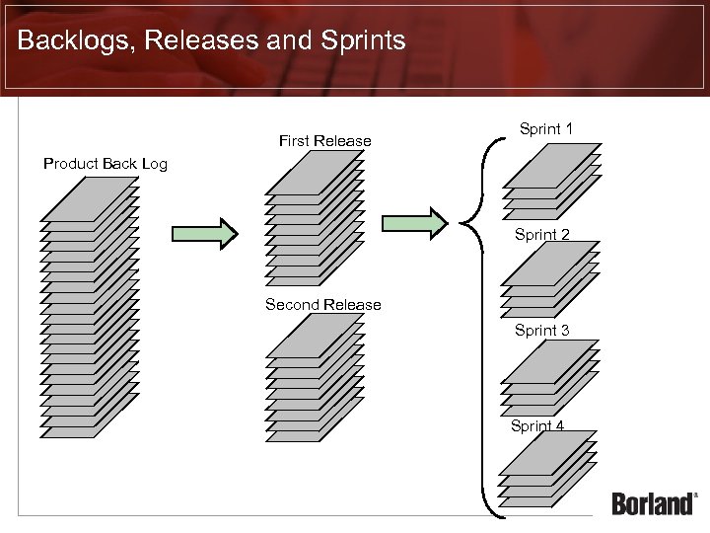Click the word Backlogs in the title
click(67, 40)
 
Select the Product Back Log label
click(106, 164)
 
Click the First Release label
click(324, 141)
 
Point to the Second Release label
click(322, 304)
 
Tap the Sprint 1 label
click(546, 128)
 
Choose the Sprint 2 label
click(542, 235)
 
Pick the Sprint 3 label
click(541, 330)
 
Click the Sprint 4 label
click(537, 425)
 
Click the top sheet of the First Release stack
click(315, 172)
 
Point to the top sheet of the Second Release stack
click(315, 335)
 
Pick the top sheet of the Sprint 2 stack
click(550, 264)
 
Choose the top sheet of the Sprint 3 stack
click(550, 361)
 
